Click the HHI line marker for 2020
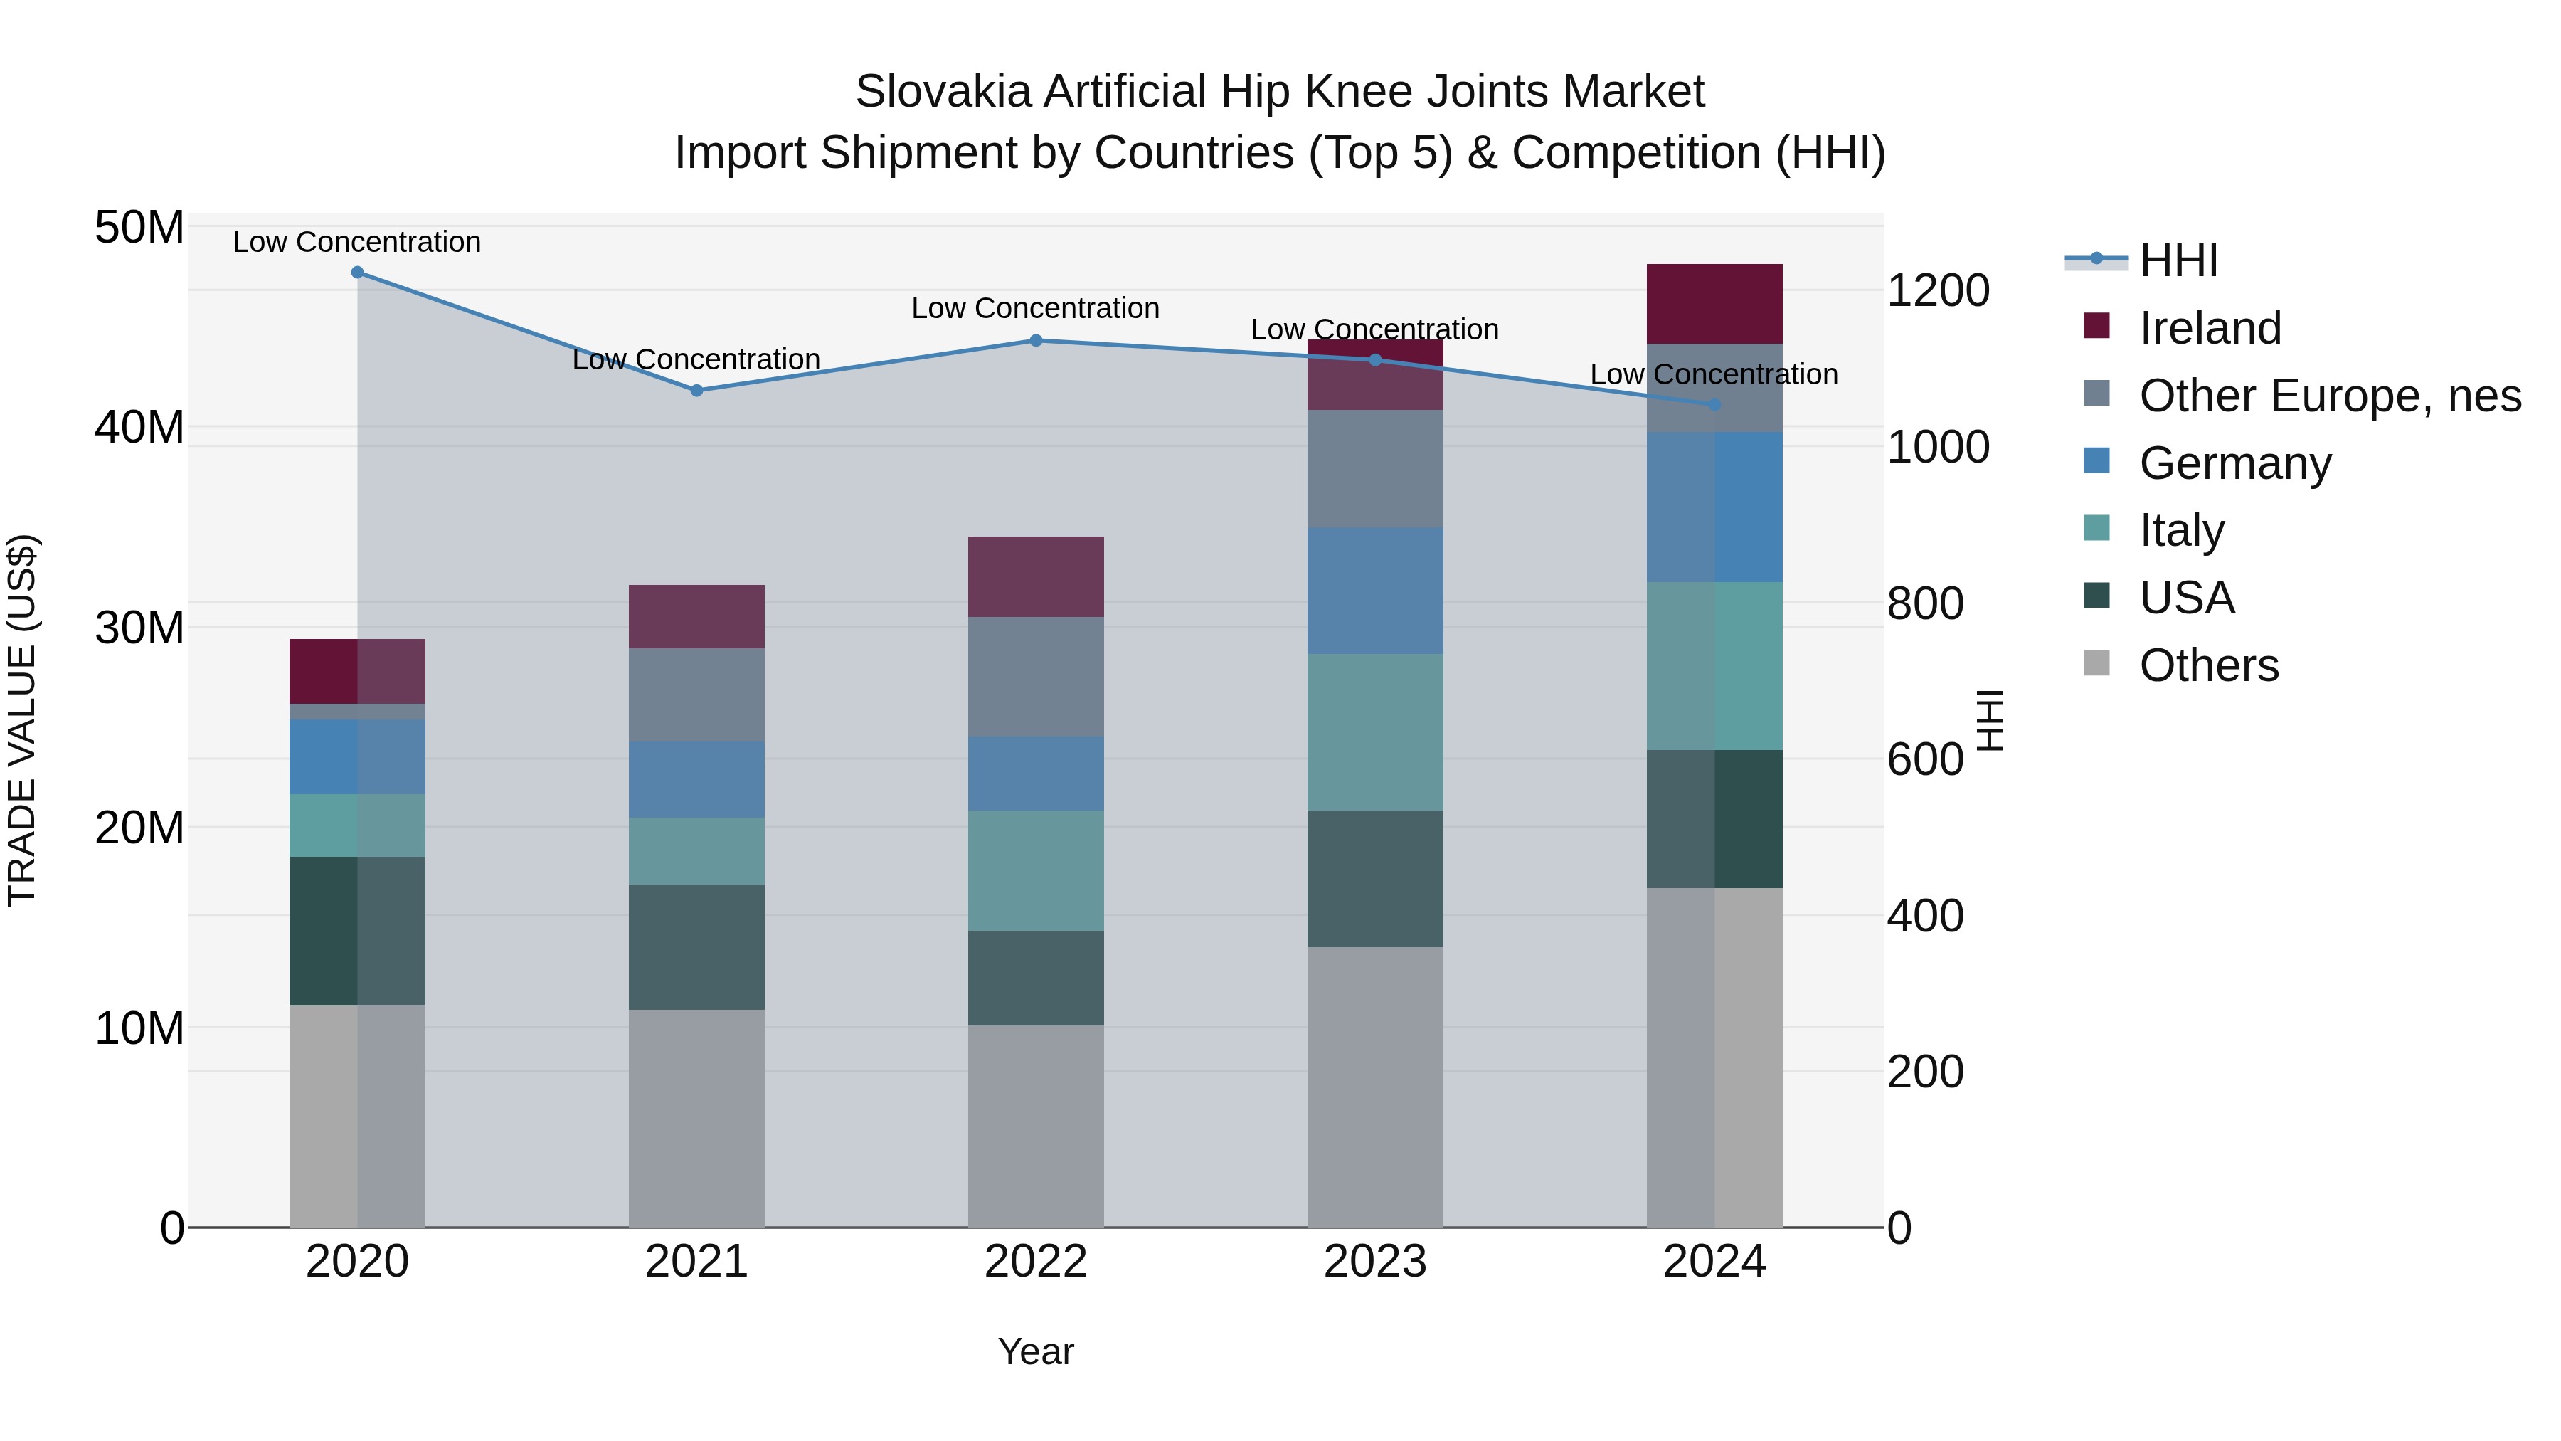pyautogui.click(x=357, y=273)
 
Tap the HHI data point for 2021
pyautogui.click(x=697, y=391)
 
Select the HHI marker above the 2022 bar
pyautogui.click(x=1036, y=340)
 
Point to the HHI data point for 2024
pyautogui.click(x=1714, y=405)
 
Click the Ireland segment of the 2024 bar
pyautogui.click(x=1714, y=303)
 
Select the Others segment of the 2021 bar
pyautogui.click(x=697, y=1118)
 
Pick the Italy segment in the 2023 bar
pyautogui.click(x=1375, y=732)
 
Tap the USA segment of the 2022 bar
pyautogui.click(x=1036, y=978)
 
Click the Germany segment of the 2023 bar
pyautogui.click(x=1375, y=591)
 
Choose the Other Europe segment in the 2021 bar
pyautogui.click(x=697, y=695)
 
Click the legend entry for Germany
pyautogui.click(x=2234, y=463)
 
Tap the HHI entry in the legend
pyautogui.click(x=2178, y=260)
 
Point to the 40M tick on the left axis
pyautogui.click(x=139, y=428)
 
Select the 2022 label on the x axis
pyautogui.click(x=1036, y=1262)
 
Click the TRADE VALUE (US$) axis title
pyautogui.click(x=23, y=720)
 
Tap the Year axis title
pyautogui.click(x=1036, y=1351)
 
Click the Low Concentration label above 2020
pyautogui.click(x=357, y=242)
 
